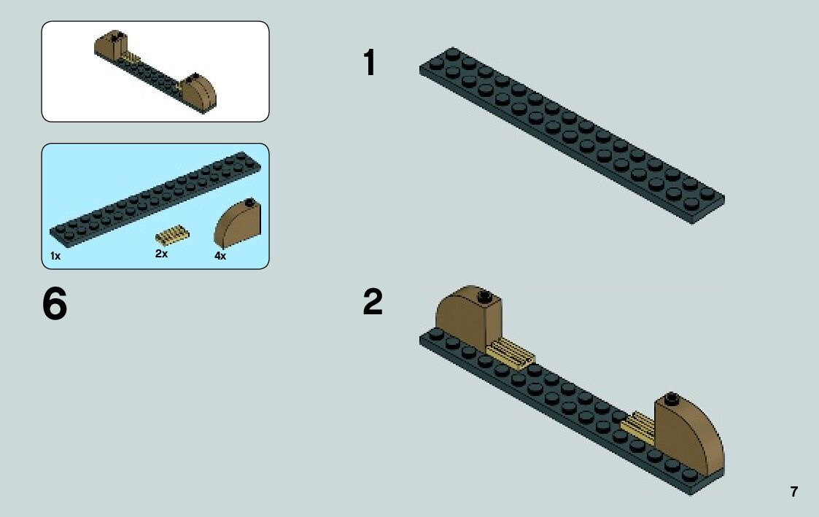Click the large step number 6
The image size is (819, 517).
(55, 305)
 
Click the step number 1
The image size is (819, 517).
(370, 63)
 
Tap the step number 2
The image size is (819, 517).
(372, 303)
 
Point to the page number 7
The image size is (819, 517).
(793, 491)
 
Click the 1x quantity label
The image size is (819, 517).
(55, 256)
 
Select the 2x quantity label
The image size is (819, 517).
(161, 254)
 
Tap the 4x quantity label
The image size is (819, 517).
(220, 256)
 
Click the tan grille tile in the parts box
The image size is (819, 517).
(172, 236)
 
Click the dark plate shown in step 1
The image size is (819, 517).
(571, 135)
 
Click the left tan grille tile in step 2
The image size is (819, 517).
(511, 353)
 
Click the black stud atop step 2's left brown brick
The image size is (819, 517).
(483, 296)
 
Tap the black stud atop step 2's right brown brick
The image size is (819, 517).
(672, 398)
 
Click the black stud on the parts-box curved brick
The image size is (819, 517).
(249, 202)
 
